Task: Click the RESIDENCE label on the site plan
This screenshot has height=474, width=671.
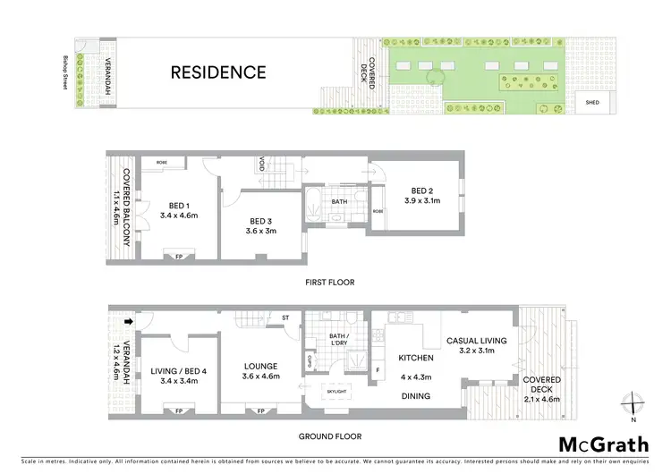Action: coord(218,72)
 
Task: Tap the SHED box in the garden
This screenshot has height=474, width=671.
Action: coord(591,103)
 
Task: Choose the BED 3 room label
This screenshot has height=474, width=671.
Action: coord(261,221)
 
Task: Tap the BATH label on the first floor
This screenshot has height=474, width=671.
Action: coord(338,202)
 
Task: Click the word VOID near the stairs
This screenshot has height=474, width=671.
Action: coord(261,165)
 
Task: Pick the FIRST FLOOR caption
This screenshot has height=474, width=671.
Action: coord(329,283)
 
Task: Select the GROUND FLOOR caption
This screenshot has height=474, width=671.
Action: coord(329,437)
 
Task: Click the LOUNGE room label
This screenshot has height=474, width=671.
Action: coord(261,366)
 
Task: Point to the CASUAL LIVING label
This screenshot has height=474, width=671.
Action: coord(477,341)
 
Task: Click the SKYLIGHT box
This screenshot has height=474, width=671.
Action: coord(337,392)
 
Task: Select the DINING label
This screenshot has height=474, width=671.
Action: coord(416,396)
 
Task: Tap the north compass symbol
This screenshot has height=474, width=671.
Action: coord(633,403)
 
